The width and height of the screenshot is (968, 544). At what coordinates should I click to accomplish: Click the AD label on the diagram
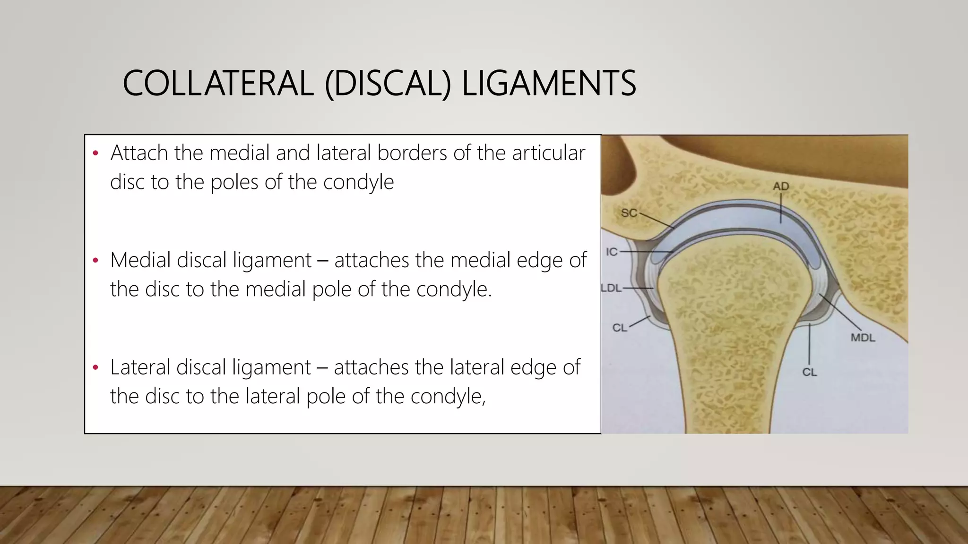point(781,187)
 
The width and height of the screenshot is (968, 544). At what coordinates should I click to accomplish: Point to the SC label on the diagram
point(629,213)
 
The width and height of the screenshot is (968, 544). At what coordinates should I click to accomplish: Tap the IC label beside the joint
point(612,252)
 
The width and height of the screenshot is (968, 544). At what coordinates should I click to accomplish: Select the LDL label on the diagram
point(612,288)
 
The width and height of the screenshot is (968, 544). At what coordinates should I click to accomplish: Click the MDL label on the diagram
point(863,338)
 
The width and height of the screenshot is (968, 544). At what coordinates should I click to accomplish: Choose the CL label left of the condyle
point(619,328)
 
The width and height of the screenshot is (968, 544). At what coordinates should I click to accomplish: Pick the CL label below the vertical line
point(809,372)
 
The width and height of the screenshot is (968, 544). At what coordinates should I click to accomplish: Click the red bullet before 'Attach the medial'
point(95,153)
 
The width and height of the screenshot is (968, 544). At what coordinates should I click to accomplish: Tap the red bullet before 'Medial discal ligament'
point(95,261)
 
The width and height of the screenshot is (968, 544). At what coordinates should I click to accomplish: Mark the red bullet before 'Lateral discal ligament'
point(95,368)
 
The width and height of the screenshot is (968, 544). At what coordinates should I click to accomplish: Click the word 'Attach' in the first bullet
point(139,153)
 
